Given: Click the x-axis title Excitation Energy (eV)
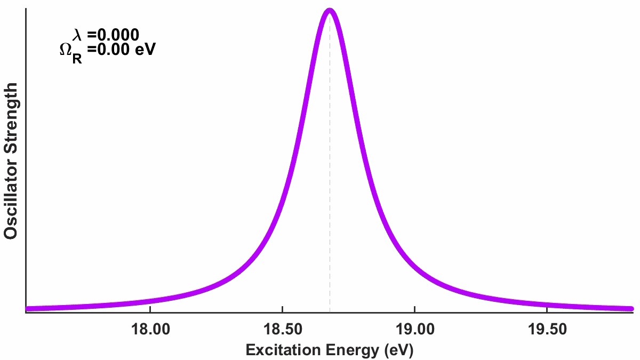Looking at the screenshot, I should point(329,350).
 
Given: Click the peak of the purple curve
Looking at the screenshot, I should point(330,11).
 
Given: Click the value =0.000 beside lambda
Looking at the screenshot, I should point(114,35).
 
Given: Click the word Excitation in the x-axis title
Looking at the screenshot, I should point(278,350).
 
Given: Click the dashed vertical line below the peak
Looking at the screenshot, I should point(330,213).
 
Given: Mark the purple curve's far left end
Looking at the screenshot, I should point(27,308).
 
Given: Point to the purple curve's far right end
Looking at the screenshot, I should point(632,308).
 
